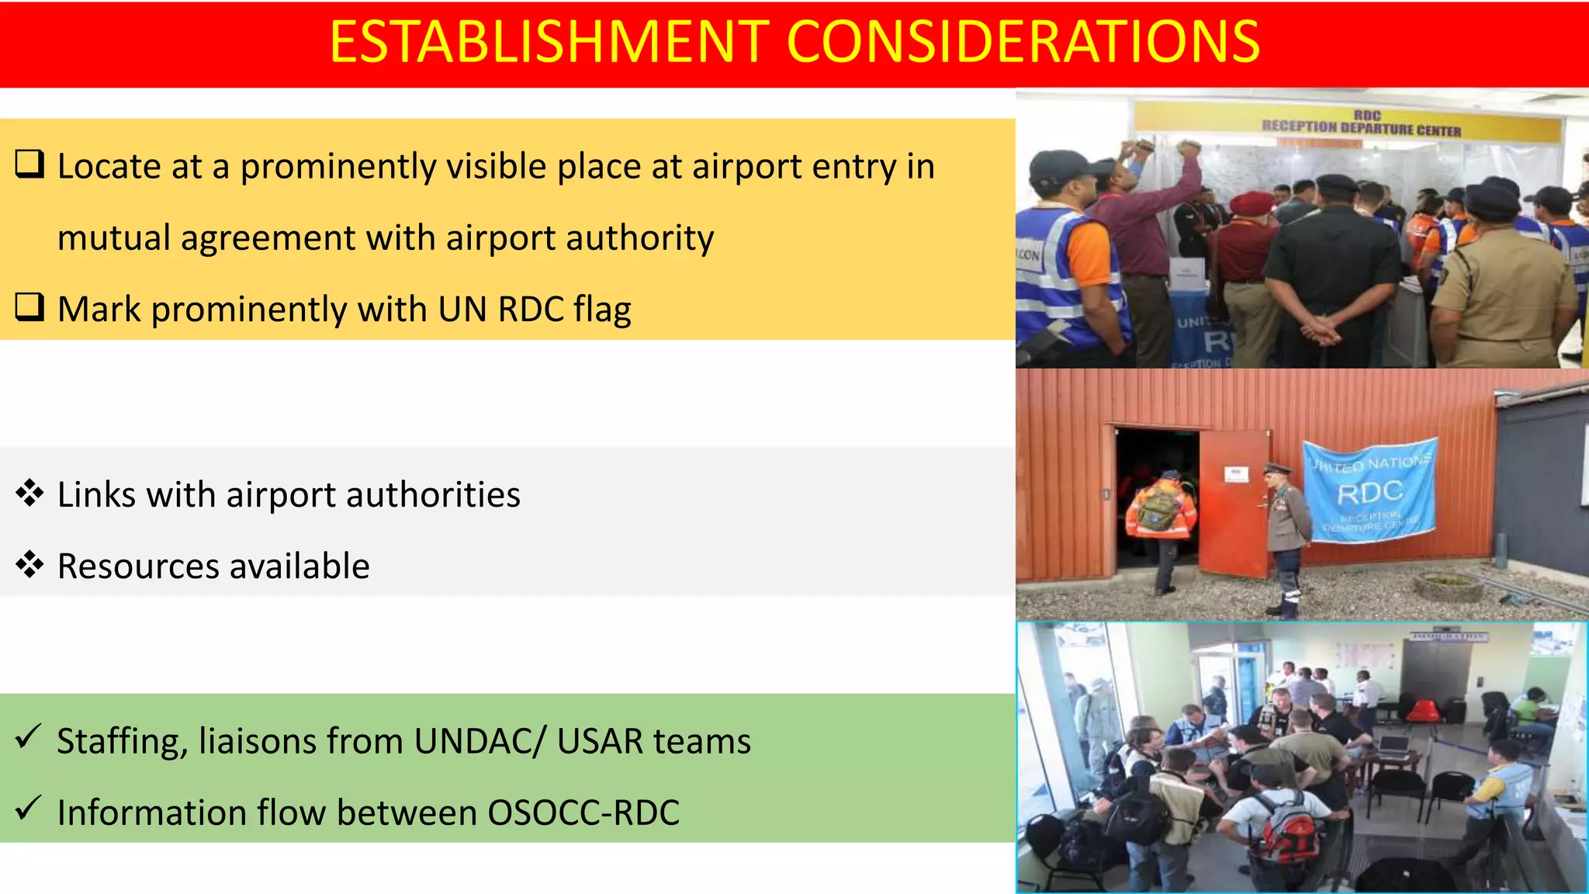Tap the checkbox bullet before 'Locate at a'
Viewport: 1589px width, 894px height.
[x=29, y=165]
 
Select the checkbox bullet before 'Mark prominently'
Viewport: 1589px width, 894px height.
[x=29, y=308]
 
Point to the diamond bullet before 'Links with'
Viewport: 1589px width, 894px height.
[x=29, y=494]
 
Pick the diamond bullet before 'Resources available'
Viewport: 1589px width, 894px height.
[x=29, y=565]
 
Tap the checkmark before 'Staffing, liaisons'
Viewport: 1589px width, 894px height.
[x=28, y=737]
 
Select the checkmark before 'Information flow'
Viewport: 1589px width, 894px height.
[x=28, y=809]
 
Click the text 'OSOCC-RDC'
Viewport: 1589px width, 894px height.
[x=583, y=813]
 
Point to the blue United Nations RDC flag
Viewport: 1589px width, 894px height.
[x=1369, y=489]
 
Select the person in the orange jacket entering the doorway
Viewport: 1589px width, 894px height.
[x=1161, y=516]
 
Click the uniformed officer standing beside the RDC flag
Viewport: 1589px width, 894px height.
[x=1285, y=535]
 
